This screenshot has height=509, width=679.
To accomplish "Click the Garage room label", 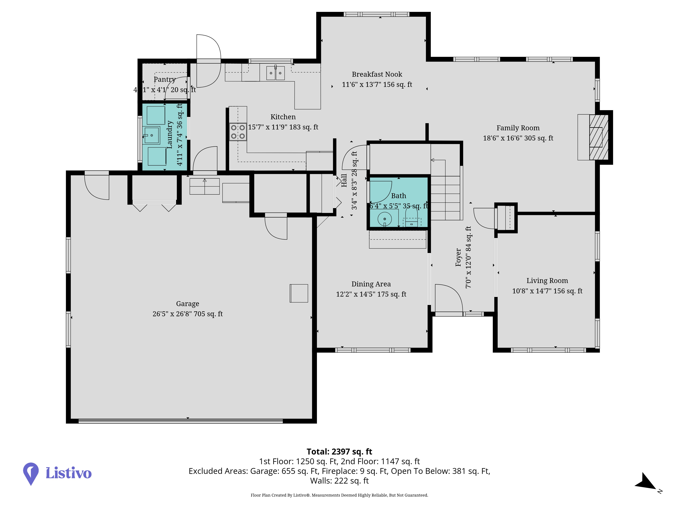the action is point(188,304).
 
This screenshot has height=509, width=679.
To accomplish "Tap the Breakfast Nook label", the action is point(377,74).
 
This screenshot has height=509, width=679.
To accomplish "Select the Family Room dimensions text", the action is point(518,138).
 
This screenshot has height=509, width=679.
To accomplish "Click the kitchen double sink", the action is point(275,73).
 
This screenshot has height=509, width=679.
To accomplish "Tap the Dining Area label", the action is point(371,284).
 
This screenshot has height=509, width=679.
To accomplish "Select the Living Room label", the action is point(547,281).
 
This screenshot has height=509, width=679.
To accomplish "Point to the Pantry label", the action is point(164,79).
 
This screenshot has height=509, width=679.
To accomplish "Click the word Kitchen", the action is point(283,117).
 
